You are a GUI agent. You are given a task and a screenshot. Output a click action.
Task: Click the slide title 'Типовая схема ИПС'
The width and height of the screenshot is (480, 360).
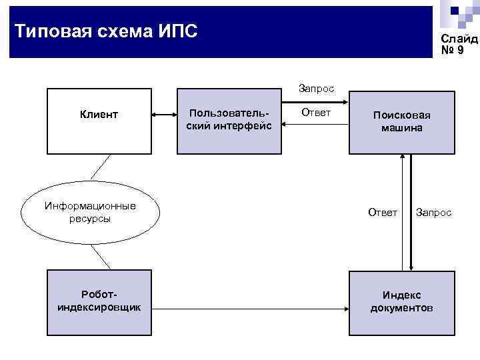(106, 31)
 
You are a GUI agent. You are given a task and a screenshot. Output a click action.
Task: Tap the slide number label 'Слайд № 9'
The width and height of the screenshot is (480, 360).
(459, 45)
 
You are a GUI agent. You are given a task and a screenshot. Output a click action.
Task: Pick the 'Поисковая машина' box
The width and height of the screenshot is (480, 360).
(401, 121)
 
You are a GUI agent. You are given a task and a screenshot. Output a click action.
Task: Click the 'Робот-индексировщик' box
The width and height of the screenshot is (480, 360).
(99, 301)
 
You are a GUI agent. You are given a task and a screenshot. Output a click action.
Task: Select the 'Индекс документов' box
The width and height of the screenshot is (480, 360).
(401, 301)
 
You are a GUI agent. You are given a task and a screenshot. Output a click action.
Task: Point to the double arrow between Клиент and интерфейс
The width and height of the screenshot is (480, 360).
(165, 116)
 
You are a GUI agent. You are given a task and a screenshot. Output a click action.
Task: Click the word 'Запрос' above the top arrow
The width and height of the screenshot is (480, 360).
(316, 88)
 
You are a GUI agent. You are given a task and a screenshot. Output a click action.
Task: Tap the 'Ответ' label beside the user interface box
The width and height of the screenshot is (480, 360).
(316, 113)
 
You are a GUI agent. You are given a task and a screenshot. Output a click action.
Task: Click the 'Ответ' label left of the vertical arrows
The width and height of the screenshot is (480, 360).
(383, 212)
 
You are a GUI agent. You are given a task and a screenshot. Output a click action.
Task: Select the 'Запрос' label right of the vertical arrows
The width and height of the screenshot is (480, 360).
(433, 212)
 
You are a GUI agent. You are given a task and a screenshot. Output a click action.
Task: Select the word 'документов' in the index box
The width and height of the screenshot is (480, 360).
(401, 308)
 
